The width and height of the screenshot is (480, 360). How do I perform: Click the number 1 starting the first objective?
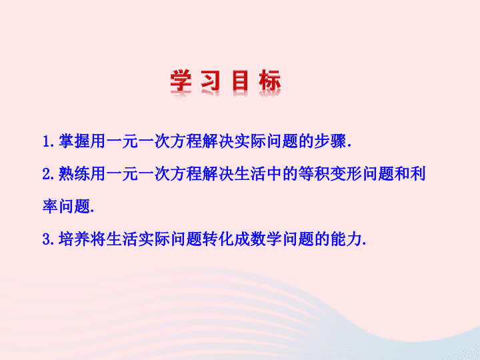pyautogui.click(x=47, y=142)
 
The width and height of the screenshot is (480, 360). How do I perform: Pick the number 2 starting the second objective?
pyautogui.click(x=47, y=174)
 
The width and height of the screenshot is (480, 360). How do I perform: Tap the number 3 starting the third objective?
pyautogui.click(x=47, y=239)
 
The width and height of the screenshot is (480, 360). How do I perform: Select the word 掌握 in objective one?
pyautogui.click(x=74, y=141)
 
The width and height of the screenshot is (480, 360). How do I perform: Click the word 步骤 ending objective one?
pyautogui.click(x=330, y=141)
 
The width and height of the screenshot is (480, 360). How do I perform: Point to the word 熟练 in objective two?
pyautogui.click(x=74, y=173)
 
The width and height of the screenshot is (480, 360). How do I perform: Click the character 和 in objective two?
pyautogui.click(x=401, y=173)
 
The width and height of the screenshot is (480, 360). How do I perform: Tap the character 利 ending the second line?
pyautogui.click(x=417, y=173)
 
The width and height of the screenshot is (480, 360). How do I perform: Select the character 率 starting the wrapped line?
pyautogui.click(x=50, y=206)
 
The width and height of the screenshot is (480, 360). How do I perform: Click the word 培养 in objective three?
pyautogui.click(x=74, y=239)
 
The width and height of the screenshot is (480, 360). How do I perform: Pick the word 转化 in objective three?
pyautogui.click(x=218, y=239)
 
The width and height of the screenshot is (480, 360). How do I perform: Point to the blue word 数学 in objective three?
pyautogui.click(x=266, y=239)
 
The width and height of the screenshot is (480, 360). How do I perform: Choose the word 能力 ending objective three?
pyautogui.click(x=346, y=239)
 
